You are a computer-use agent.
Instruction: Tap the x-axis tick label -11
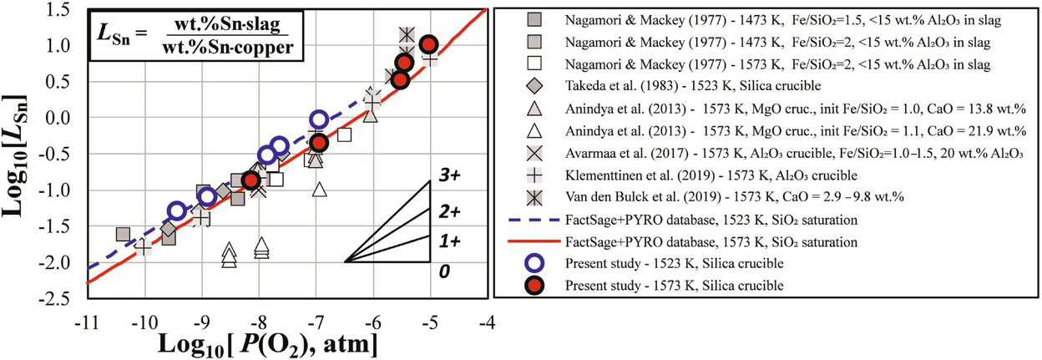pos(83,322)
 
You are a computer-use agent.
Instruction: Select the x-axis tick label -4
pos(486,322)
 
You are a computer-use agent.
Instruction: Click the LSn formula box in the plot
pos(170,38)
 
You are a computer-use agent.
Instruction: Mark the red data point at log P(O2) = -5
pos(428,45)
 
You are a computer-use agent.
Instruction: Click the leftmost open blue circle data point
pos(176,210)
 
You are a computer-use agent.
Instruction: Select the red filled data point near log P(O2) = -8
pos(250,180)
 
